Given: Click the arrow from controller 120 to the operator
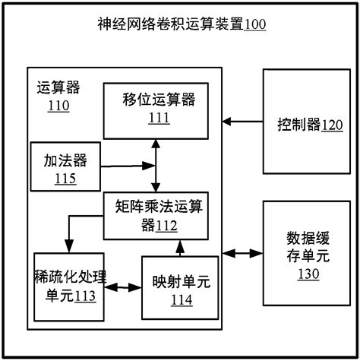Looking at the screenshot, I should pos(242,120).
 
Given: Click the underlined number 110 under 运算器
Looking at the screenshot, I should pos(57,106).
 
